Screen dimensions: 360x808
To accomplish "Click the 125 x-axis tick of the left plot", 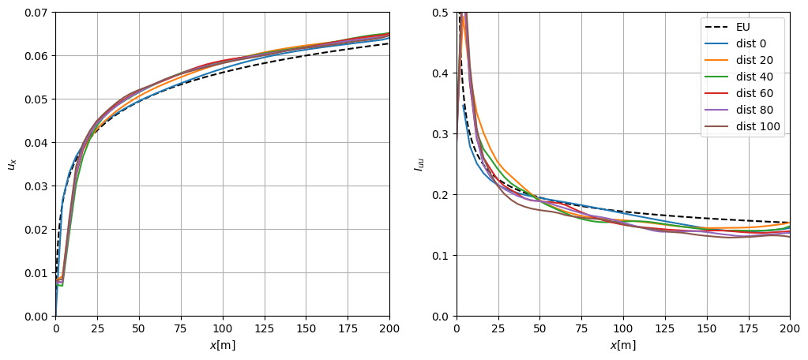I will (x=264, y=328).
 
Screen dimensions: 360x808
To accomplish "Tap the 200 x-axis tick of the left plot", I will (x=389, y=328).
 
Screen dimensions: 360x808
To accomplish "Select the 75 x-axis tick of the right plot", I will (x=581, y=328).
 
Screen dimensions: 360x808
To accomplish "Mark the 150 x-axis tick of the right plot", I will (x=706, y=328).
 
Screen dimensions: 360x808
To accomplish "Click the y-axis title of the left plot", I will (x=12, y=164).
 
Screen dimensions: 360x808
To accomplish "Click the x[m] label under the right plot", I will (x=623, y=346).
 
